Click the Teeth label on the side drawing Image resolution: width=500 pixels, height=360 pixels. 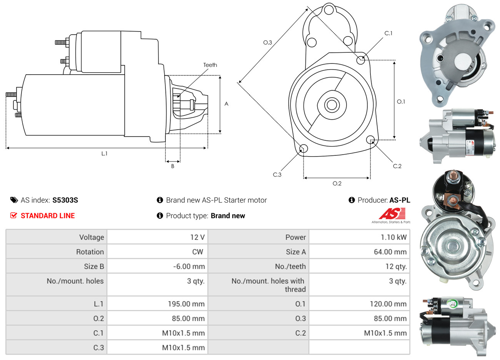210,65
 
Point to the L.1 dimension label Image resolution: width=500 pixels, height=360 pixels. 104,153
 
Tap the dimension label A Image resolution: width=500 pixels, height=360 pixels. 227,104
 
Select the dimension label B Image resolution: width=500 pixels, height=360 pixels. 173,166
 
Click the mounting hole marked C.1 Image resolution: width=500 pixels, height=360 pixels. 361,60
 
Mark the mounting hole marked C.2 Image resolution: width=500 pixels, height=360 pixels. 370,139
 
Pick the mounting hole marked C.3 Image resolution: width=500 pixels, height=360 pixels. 303,148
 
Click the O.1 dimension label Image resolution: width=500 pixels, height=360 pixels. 401,102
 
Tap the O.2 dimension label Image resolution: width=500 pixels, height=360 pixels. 337,183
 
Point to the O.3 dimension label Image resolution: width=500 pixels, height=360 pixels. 267,42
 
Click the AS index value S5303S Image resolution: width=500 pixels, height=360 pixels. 65,200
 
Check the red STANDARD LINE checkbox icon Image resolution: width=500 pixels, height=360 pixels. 14,215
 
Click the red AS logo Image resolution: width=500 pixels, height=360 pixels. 392,214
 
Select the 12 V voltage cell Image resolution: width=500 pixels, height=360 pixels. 197,237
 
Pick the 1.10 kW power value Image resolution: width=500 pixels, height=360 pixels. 393,237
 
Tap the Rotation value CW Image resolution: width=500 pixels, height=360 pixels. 198,252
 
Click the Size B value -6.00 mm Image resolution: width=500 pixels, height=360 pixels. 189,267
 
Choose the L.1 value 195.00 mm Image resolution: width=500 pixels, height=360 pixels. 186,304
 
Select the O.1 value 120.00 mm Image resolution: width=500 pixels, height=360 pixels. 388,304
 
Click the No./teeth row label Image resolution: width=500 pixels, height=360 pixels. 290,267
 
